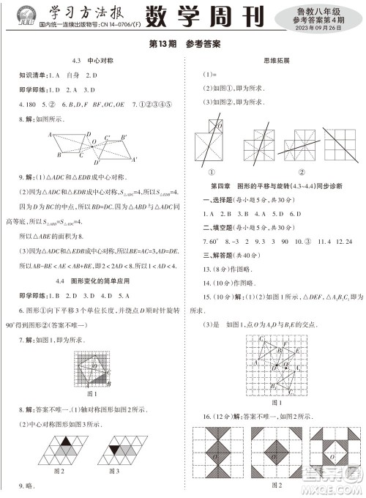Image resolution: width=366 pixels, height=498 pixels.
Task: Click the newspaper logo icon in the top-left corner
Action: coord(20,14)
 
